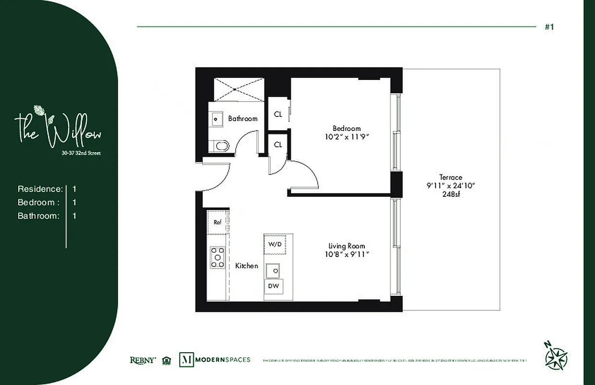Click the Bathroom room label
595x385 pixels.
243,118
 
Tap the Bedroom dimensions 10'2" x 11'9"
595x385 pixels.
347,137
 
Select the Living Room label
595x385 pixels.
347,246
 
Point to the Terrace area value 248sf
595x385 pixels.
450,194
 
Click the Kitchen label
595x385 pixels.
247,266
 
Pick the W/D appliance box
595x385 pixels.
275,244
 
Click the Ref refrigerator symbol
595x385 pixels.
217,222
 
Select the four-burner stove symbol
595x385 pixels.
217,257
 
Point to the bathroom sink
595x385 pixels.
216,118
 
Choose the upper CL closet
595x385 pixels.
278,115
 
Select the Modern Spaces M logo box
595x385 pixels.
186,359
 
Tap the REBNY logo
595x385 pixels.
143,360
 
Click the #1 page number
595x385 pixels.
549,27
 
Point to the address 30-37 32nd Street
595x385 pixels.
81,154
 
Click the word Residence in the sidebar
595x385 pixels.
40,189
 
